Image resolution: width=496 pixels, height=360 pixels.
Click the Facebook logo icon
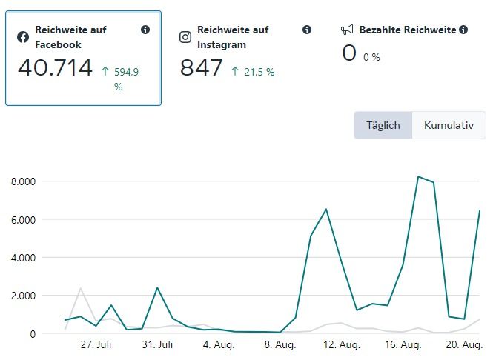pyautogui.click(x=24, y=36)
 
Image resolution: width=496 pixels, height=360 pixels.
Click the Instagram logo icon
pyautogui.click(x=185, y=36)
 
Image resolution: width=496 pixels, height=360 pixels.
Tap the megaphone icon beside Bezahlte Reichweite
pyautogui.click(x=347, y=30)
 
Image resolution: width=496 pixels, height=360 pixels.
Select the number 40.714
pyautogui.click(x=55, y=68)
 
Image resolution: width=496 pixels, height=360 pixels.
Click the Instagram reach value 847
pyautogui.click(x=201, y=68)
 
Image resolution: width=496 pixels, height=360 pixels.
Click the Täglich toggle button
pyautogui.click(x=383, y=125)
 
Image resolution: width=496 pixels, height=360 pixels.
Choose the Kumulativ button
pyautogui.click(x=449, y=125)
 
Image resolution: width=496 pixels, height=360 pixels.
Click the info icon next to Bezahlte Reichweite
pyautogui.click(x=463, y=30)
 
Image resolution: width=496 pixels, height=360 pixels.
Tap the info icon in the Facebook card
pyautogui.click(x=145, y=30)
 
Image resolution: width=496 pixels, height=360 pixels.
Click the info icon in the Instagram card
pyautogui.click(x=307, y=30)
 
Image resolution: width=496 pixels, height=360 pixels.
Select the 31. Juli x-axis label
pyautogui.click(x=157, y=344)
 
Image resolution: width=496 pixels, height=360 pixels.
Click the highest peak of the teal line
pyautogui.click(x=419, y=176)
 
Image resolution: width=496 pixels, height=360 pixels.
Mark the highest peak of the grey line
pyautogui.click(x=80, y=288)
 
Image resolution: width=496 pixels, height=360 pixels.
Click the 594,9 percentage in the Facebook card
pyautogui.click(x=126, y=72)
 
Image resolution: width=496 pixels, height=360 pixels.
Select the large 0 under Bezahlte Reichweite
pyautogui.click(x=349, y=53)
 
